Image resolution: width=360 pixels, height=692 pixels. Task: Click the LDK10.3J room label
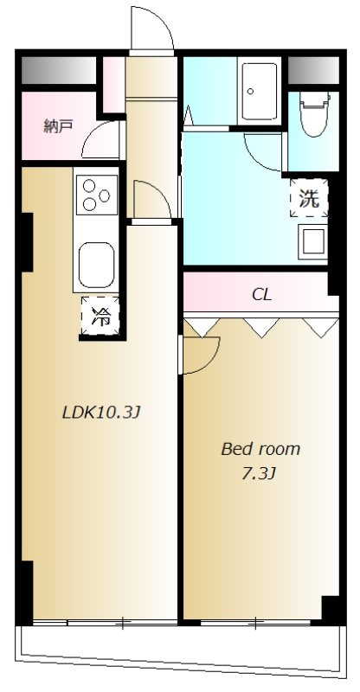tap(101, 413)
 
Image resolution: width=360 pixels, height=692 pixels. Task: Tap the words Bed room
tap(260, 449)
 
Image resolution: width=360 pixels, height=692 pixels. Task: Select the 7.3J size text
tap(259, 473)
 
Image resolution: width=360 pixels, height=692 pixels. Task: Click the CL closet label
tap(261, 295)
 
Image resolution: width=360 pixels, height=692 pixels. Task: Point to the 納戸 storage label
tap(58, 126)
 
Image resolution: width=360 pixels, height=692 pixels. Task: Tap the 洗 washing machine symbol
tap(309, 198)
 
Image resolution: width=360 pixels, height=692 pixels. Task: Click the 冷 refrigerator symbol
tap(100, 316)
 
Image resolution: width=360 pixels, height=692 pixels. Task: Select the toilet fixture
tap(314, 114)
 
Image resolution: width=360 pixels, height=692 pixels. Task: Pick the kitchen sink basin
tap(96, 264)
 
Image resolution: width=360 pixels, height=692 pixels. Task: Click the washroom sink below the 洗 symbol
tap(313, 241)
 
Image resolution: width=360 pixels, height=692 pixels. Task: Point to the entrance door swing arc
tap(164, 22)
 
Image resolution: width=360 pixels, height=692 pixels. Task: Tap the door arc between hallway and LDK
tap(162, 192)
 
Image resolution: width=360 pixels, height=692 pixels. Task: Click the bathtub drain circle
tap(250, 92)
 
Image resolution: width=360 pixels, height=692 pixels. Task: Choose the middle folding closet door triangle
tap(262, 328)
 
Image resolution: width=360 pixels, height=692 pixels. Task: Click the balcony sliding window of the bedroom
tap(255, 623)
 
